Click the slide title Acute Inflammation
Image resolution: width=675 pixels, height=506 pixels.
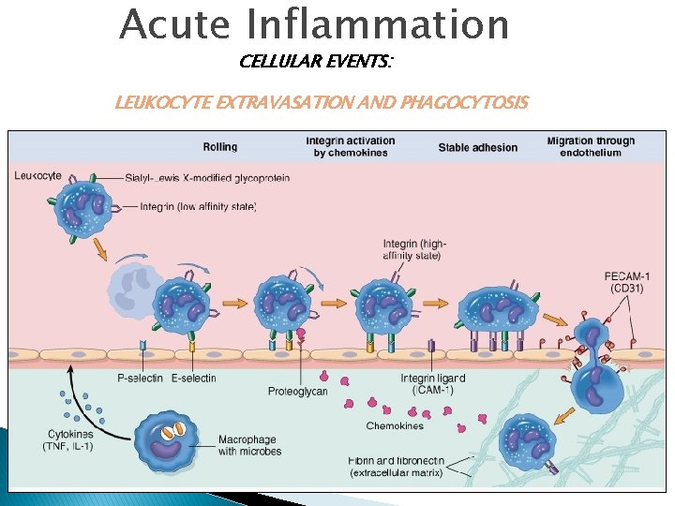click(x=314, y=25)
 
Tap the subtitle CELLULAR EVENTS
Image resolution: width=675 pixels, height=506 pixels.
click(x=316, y=62)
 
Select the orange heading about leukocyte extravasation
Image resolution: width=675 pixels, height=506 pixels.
click(x=322, y=101)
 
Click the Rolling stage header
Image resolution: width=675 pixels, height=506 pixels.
click(x=220, y=147)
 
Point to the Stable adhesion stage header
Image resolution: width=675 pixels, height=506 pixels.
click(x=477, y=147)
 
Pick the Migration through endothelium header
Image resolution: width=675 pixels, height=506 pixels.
click(x=591, y=147)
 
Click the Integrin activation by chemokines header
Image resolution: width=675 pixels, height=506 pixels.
click(x=351, y=147)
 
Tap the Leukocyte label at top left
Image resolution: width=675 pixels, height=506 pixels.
click(x=38, y=174)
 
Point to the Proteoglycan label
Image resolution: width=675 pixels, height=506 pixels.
click(x=297, y=391)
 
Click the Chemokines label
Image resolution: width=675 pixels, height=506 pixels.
click(x=395, y=425)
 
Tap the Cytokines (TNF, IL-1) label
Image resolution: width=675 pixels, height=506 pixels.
click(x=70, y=439)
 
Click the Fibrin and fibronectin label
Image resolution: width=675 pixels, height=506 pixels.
click(x=395, y=467)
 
